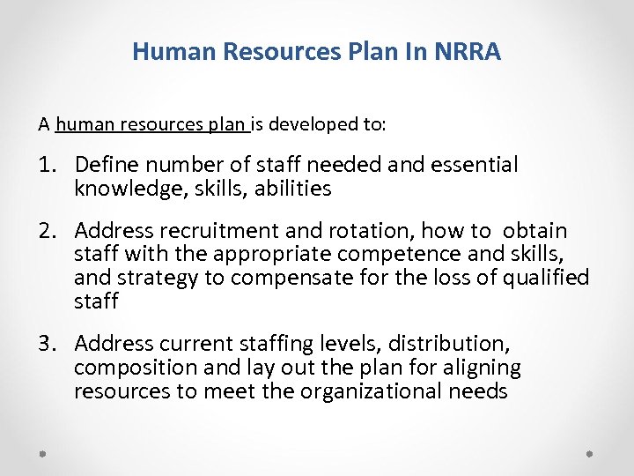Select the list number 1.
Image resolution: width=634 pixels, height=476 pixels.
[x=48, y=165]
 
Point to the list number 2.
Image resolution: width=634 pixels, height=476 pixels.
[x=48, y=232]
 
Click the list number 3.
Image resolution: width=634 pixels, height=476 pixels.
[x=48, y=343]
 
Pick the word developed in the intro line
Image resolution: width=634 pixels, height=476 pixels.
[x=316, y=124]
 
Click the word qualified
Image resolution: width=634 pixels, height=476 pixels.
[x=543, y=278]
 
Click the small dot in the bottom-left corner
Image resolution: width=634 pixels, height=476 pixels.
[x=43, y=453]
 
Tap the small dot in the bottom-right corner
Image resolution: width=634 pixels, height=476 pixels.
[x=590, y=453]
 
